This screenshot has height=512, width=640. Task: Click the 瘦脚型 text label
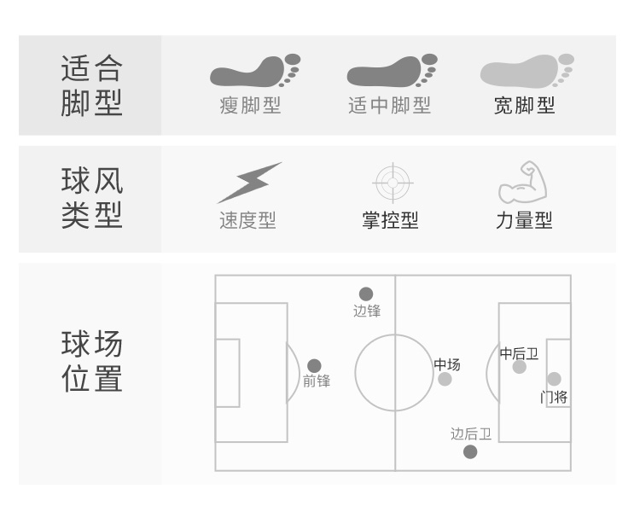pyautogui.click(x=250, y=106)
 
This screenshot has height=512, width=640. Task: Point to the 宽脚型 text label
pyautogui.click(x=524, y=106)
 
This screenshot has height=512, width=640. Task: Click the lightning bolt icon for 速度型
pyautogui.click(x=248, y=183)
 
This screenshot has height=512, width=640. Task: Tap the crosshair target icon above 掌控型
pyautogui.click(x=393, y=182)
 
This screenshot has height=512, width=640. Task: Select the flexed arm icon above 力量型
pyautogui.click(x=522, y=182)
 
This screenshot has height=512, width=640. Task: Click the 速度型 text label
pyautogui.click(x=247, y=220)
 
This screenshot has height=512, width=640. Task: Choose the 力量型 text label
pyautogui.click(x=524, y=220)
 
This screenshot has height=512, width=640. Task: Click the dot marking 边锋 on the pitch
pyautogui.click(x=366, y=294)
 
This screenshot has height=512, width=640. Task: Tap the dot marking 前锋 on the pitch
pyautogui.click(x=314, y=366)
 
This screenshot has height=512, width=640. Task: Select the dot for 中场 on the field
pyautogui.click(x=445, y=379)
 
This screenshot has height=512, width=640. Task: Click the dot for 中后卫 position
pyautogui.click(x=520, y=367)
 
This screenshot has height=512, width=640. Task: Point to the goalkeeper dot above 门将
pyautogui.click(x=554, y=379)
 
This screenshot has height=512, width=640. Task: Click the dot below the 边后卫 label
pyautogui.click(x=470, y=451)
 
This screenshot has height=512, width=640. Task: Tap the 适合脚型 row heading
pyautogui.click(x=91, y=85)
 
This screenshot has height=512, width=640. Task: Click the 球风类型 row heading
pyautogui.click(x=91, y=198)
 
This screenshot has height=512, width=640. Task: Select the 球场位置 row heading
pyautogui.click(x=91, y=362)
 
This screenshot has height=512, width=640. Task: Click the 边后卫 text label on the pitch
pyautogui.click(x=471, y=434)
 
